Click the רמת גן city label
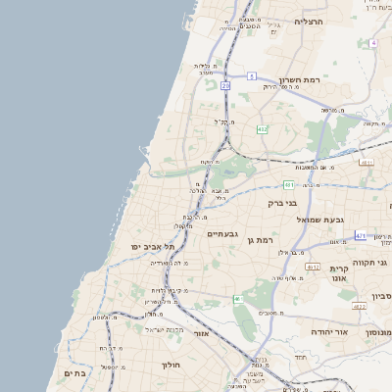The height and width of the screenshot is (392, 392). click(281, 238)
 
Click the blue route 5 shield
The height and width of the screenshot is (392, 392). click(252, 75)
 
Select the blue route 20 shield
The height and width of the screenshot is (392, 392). click(225, 85)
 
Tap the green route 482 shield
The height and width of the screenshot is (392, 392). click(262, 129)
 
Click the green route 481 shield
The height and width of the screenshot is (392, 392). click(289, 184)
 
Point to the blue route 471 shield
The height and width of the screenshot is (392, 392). click(360, 236)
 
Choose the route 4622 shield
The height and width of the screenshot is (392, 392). click(360, 306)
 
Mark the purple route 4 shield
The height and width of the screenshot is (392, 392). click(373, 43)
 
